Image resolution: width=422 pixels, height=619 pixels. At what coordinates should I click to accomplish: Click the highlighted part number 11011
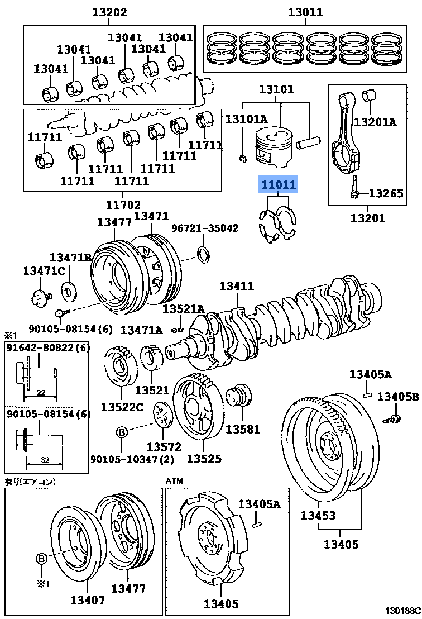(277, 184)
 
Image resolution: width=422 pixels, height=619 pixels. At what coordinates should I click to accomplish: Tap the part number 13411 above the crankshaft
(236, 286)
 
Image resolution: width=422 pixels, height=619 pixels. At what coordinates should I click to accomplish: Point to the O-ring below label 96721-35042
(204, 254)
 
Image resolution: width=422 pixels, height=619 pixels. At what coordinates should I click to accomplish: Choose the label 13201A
(375, 121)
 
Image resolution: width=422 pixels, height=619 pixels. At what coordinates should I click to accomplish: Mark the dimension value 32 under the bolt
(44, 461)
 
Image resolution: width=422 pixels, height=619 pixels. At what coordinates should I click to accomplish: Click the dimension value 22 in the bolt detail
(41, 392)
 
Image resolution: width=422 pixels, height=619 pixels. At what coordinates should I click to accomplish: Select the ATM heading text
(174, 480)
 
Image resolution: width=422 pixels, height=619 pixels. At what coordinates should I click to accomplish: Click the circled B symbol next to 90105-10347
(122, 432)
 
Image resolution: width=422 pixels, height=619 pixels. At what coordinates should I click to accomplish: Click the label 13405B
(397, 397)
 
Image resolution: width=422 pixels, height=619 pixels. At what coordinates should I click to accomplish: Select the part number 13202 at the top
(109, 12)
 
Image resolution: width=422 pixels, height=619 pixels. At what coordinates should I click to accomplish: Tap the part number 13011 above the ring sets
(305, 12)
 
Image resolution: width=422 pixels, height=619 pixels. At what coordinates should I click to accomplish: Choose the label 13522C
(122, 406)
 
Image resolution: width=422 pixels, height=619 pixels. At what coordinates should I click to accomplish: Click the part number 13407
(87, 601)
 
